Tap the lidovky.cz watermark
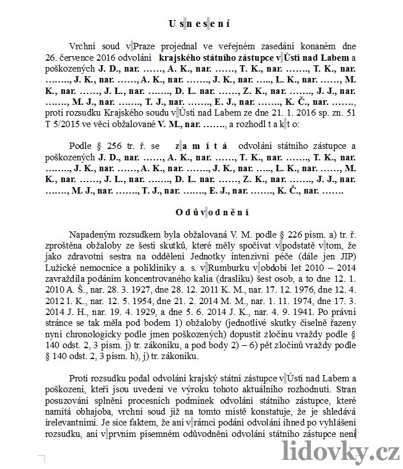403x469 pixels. tap(342, 453)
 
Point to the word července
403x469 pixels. tap(73, 58)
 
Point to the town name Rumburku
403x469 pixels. tap(230, 279)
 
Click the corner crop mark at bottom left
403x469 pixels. tap(42, 458)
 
